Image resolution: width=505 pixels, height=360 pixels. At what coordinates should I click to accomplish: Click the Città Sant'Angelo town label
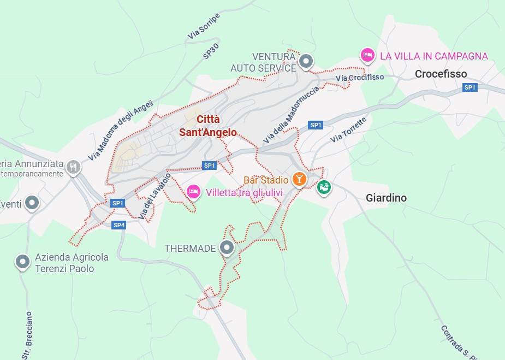click(x=208, y=126)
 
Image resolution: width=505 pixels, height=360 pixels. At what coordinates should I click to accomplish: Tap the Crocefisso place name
click(x=441, y=74)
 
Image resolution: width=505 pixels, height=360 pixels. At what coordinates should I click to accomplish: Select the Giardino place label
click(x=386, y=198)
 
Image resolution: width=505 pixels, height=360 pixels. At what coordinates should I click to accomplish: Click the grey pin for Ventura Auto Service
click(x=307, y=61)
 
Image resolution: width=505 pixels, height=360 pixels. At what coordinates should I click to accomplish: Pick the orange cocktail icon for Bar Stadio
click(x=299, y=179)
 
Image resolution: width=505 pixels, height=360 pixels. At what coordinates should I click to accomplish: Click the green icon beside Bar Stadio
click(x=324, y=187)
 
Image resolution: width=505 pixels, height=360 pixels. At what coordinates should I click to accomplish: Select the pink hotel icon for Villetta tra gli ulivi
click(x=193, y=191)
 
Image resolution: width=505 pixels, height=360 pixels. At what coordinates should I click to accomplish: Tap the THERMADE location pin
click(x=227, y=247)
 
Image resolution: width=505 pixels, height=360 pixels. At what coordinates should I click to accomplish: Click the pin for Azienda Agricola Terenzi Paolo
click(x=22, y=262)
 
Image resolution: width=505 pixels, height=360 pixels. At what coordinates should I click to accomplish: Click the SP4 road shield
click(x=119, y=225)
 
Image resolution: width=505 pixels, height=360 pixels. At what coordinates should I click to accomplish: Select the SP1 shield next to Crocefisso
click(x=470, y=87)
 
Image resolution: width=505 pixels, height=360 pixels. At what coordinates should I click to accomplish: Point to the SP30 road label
click(x=211, y=51)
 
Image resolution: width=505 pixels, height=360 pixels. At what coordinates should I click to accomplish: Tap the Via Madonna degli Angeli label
click(x=121, y=131)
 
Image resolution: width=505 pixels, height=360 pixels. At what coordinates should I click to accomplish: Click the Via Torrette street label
click(x=348, y=130)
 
